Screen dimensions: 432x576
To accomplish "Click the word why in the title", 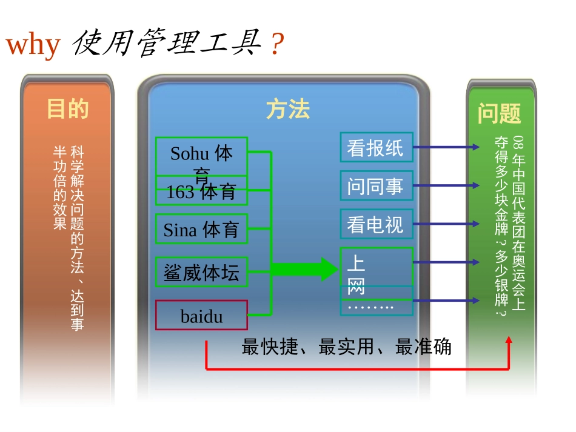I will [33, 45].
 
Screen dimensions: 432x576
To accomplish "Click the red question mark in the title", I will [276, 45].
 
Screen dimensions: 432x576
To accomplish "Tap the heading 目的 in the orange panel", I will [68, 109].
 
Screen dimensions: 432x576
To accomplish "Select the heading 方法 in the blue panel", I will [287, 110].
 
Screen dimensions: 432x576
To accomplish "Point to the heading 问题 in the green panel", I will [500, 113].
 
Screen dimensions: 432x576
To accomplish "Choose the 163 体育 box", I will [201, 193].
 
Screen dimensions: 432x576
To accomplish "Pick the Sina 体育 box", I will [201, 229].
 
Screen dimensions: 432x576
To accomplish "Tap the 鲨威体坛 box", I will [201, 272].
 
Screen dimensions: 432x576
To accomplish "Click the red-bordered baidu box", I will [201, 315].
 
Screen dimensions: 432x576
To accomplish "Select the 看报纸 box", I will [376, 147].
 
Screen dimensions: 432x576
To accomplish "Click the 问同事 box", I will [376, 186].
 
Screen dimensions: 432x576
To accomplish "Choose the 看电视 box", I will [376, 224].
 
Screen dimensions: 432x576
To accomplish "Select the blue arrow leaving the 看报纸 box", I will [446, 147].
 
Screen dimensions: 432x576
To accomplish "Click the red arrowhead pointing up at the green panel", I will [509, 341].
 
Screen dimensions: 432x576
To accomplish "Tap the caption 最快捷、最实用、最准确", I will [346, 347].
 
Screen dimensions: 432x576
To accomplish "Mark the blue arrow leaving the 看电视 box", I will [446, 224].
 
